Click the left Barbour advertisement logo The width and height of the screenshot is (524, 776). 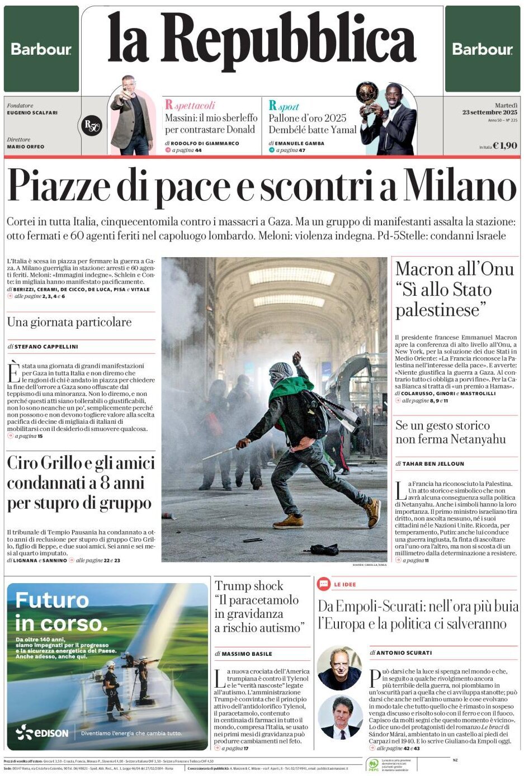click(x=41, y=49)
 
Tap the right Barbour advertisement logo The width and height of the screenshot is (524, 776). click(x=482, y=49)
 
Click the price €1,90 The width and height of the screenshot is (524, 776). click(x=505, y=145)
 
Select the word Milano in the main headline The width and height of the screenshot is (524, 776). click(x=460, y=186)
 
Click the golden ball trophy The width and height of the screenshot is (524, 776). click(x=367, y=92)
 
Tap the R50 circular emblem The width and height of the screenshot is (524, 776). click(x=92, y=126)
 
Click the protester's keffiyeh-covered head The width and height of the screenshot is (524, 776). click(x=281, y=372)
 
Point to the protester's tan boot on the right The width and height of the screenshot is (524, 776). click(x=373, y=513)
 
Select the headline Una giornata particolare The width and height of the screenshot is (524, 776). click(x=69, y=322)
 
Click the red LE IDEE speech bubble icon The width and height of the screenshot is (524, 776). click(x=323, y=584)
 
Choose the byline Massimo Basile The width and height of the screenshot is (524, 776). click(x=247, y=654)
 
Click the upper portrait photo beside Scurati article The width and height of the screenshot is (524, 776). click(x=339, y=668)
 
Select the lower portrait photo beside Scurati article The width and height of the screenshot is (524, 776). click(x=340, y=717)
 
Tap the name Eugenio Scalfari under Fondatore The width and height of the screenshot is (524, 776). click(x=32, y=113)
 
